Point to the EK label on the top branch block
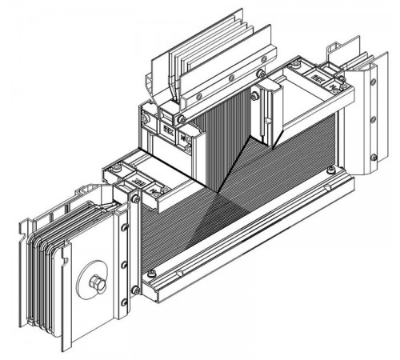coord(169,126)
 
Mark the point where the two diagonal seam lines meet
coord(218,191)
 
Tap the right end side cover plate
coord(368,120)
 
